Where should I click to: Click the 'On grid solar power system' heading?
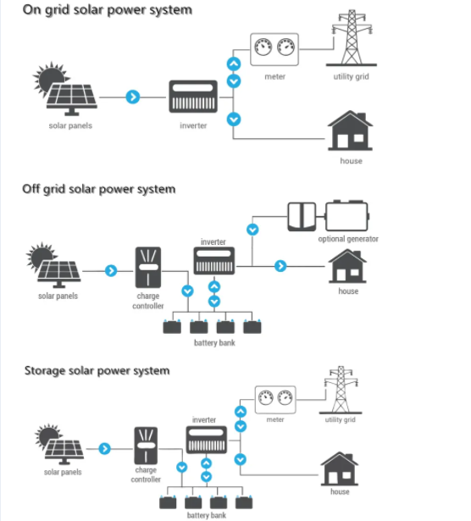pos(107,10)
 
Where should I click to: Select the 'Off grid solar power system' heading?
pos(98,188)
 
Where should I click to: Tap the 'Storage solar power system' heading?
pos(97,370)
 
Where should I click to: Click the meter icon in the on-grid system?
pos(274,50)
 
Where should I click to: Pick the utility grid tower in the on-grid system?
pos(350,38)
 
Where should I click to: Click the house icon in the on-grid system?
pos(350,132)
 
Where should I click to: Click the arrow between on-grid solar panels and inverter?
pos(131,97)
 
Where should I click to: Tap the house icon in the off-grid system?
pos(347,266)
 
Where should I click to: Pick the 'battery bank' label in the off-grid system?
pos(213,342)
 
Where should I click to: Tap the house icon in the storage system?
pos(339,468)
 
